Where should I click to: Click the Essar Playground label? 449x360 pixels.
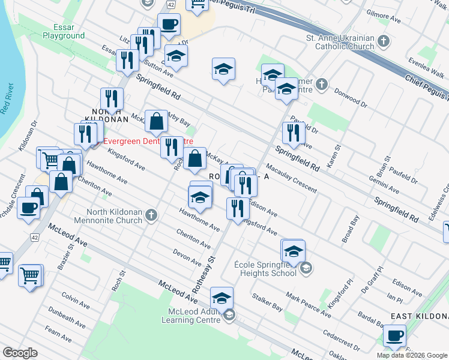[64, 31]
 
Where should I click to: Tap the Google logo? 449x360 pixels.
[20, 353]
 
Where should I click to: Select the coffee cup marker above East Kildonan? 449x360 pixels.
[394, 335]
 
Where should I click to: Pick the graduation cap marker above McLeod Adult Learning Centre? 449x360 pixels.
[221, 298]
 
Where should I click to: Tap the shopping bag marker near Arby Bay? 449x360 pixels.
[156, 121]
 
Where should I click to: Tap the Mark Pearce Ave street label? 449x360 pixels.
[308, 305]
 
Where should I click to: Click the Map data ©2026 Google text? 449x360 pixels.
[412, 355]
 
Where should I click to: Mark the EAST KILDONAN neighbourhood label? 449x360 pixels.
[419, 316]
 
